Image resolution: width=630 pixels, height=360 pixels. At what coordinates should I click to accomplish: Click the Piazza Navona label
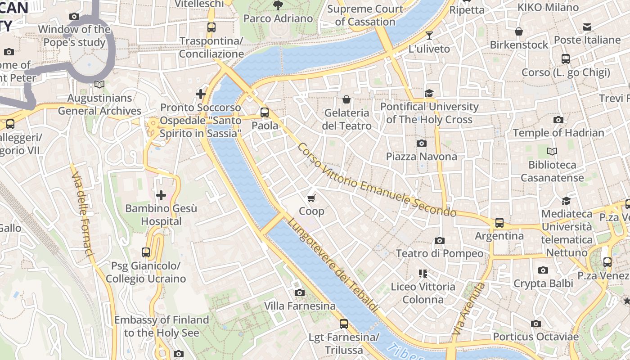421,157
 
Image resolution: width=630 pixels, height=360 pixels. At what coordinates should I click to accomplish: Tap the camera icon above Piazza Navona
421,144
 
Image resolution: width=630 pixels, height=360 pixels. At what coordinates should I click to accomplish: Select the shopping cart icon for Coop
311,198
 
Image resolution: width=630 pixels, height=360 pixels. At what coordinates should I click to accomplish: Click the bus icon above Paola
265,112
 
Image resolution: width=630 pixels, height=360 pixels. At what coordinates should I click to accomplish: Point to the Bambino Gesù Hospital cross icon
161,195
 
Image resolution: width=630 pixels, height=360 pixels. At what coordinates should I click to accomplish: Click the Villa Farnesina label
300,306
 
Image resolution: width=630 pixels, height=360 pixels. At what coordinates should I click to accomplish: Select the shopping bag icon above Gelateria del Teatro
346,99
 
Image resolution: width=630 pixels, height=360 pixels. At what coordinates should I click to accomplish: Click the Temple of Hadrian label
558,133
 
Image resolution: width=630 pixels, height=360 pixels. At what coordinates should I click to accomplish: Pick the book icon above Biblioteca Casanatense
552,152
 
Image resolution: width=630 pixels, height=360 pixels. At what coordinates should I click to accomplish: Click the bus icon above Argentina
499,223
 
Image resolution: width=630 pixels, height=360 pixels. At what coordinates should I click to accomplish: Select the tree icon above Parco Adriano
278,5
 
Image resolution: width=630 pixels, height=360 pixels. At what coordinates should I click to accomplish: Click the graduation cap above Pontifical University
429,93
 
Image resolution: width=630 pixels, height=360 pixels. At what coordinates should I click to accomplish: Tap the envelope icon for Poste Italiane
587,27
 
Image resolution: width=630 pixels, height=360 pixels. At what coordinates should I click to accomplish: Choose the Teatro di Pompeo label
439,253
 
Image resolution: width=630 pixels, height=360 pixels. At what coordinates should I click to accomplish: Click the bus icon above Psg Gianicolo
145,252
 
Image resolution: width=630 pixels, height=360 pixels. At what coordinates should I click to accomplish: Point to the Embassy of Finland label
161,326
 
